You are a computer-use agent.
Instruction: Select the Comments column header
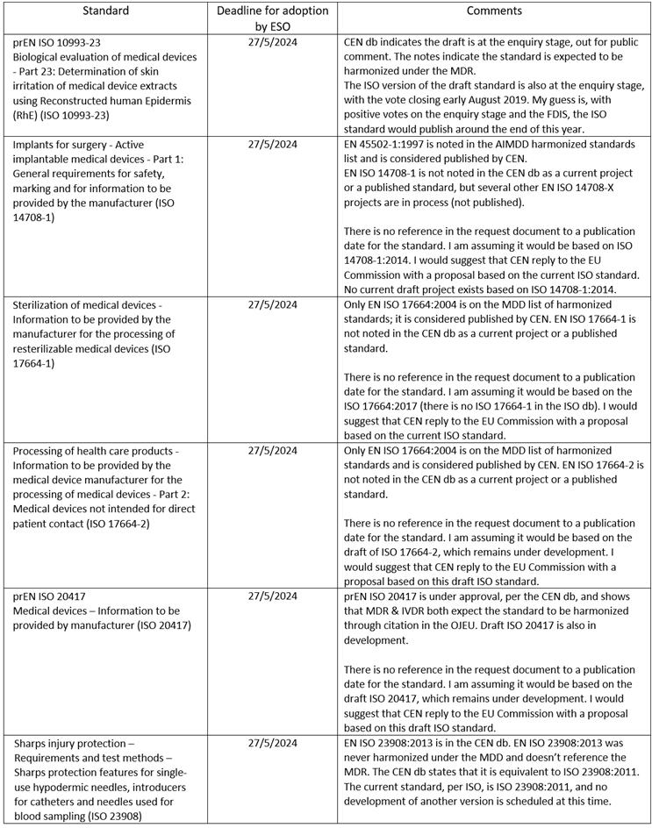(493, 11)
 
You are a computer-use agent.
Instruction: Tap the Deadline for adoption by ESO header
(272, 18)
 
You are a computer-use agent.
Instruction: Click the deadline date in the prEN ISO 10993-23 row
(272, 41)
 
